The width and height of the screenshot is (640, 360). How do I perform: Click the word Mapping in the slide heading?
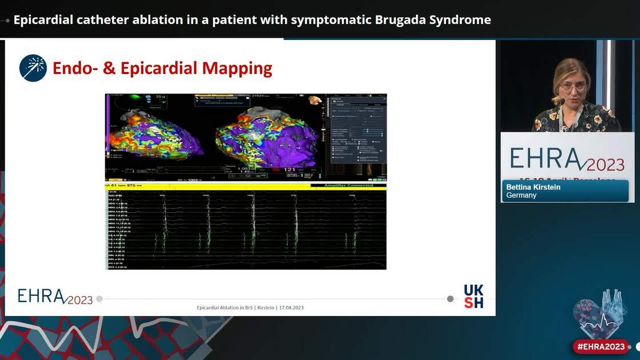(x=235, y=69)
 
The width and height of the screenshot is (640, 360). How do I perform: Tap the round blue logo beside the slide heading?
(x=33, y=68)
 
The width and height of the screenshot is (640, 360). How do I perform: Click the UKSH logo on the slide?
(x=473, y=296)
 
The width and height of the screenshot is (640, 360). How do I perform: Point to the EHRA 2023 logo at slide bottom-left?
(x=55, y=296)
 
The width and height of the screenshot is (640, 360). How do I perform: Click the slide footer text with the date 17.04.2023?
(x=250, y=307)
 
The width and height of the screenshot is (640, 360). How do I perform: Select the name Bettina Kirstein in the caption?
(x=533, y=187)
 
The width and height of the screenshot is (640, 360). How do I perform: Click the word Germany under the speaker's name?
(x=521, y=195)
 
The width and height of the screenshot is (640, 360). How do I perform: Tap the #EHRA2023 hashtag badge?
(x=601, y=346)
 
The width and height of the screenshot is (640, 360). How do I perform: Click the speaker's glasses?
(x=573, y=87)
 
